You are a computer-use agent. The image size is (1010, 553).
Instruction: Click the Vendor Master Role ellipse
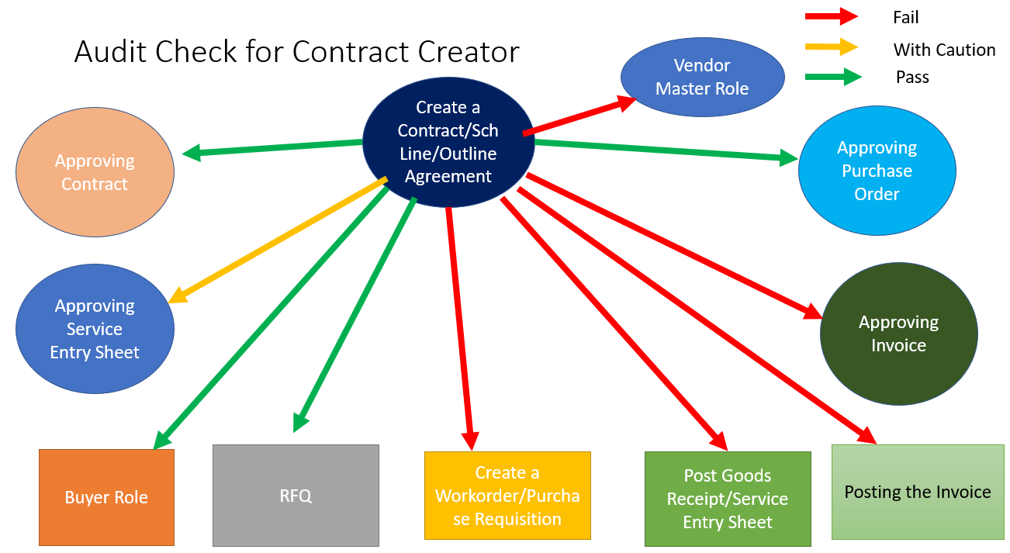click(x=702, y=77)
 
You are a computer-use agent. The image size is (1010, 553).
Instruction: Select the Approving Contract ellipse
click(x=95, y=172)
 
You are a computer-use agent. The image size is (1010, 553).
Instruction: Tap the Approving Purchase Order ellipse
click(x=877, y=171)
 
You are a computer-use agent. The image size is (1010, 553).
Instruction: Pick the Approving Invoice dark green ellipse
click(x=898, y=334)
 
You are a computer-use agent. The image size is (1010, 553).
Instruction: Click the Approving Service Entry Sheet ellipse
click(x=95, y=329)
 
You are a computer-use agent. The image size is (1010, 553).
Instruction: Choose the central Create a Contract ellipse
click(x=448, y=142)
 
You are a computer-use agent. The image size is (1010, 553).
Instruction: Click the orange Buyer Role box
click(x=106, y=497)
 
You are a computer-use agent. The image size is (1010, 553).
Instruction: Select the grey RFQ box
click(x=296, y=495)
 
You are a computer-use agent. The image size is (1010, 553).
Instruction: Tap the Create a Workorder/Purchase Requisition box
click(x=507, y=496)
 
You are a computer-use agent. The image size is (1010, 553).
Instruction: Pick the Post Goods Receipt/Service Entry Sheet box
click(x=727, y=498)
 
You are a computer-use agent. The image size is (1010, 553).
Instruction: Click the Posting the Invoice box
click(x=917, y=492)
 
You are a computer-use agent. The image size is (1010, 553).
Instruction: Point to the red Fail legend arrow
click(x=831, y=16)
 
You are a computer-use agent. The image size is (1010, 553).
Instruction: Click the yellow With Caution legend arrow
click(x=831, y=47)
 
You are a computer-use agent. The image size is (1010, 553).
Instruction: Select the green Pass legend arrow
click(x=832, y=77)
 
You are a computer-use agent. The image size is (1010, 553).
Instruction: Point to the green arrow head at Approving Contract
click(x=191, y=153)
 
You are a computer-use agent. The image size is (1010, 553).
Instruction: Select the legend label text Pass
click(x=912, y=77)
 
